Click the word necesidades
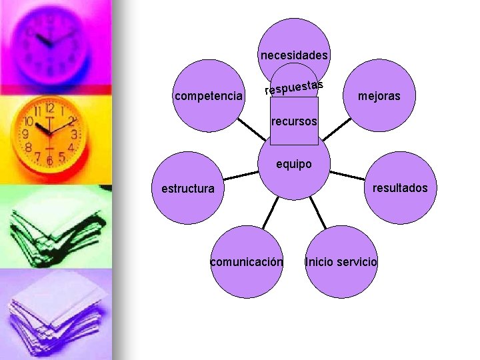click(x=294, y=55)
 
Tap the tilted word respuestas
click(x=294, y=87)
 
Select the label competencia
click(x=208, y=97)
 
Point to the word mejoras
click(x=379, y=97)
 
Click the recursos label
click(x=294, y=122)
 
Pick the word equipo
click(x=294, y=164)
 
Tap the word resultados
click(x=400, y=188)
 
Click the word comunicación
click(x=246, y=262)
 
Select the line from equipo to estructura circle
click(x=241, y=175)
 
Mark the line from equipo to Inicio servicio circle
click(x=319, y=212)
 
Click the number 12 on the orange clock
click(x=50, y=108)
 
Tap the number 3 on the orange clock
click(x=74, y=135)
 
